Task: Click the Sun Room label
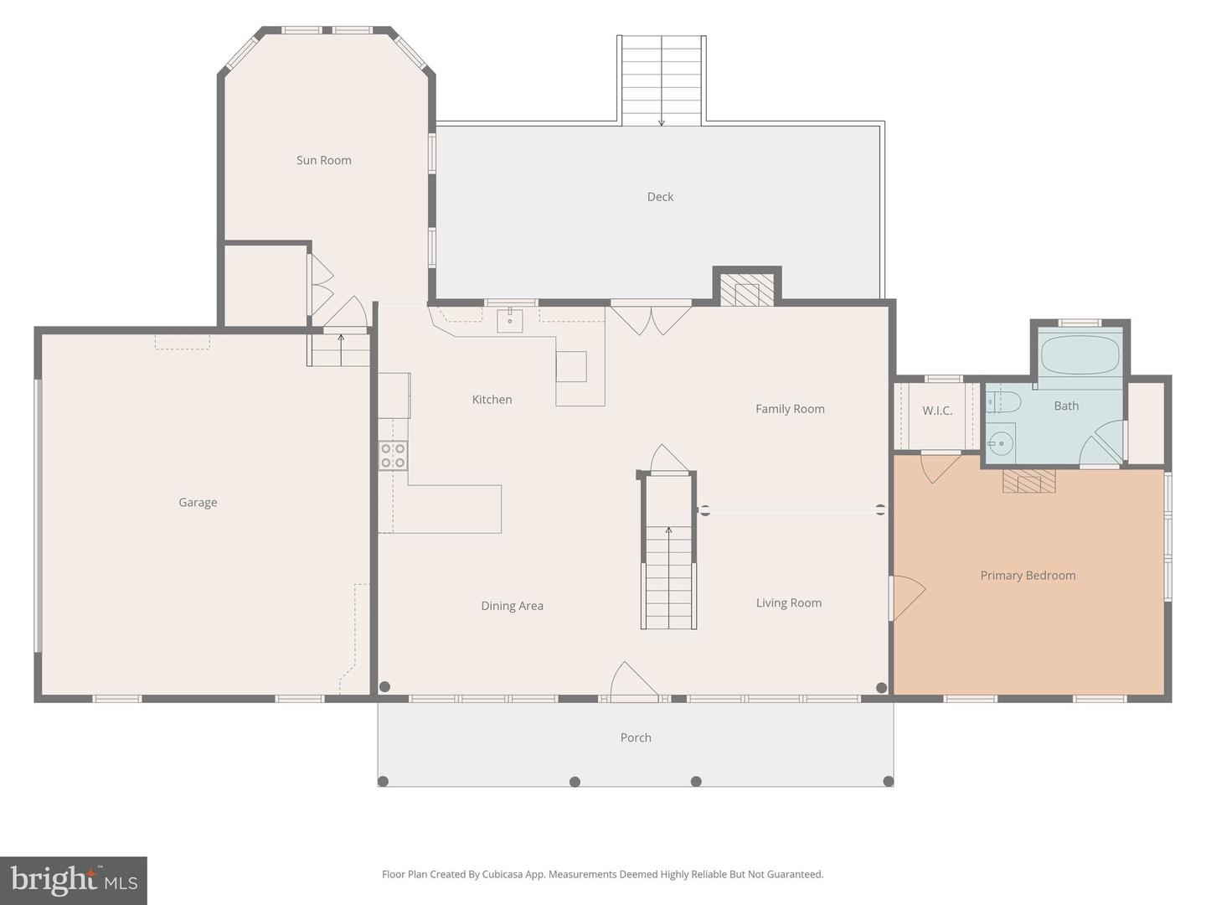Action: pyautogui.click(x=323, y=160)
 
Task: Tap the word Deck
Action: pyautogui.click(x=660, y=197)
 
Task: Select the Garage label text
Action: pyautogui.click(x=198, y=502)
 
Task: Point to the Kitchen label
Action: pyautogui.click(x=492, y=400)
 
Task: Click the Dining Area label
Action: pyautogui.click(x=512, y=606)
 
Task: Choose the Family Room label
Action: pyautogui.click(x=790, y=409)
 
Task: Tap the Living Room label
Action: pyautogui.click(x=788, y=602)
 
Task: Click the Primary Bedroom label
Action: pyautogui.click(x=1028, y=576)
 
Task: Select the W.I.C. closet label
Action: pyautogui.click(x=937, y=411)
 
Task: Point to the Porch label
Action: pyautogui.click(x=636, y=737)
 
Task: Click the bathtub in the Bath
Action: pyautogui.click(x=1080, y=355)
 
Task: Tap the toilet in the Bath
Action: pyautogui.click(x=1003, y=403)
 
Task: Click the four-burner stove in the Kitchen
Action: pyautogui.click(x=393, y=456)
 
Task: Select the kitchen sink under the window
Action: pyautogui.click(x=510, y=321)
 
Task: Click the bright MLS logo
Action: pyautogui.click(x=74, y=880)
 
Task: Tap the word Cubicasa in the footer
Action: pyautogui.click(x=502, y=874)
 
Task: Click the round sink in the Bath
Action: pyautogui.click(x=1000, y=442)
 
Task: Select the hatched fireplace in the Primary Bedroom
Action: pyautogui.click(x=1029, y=481)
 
